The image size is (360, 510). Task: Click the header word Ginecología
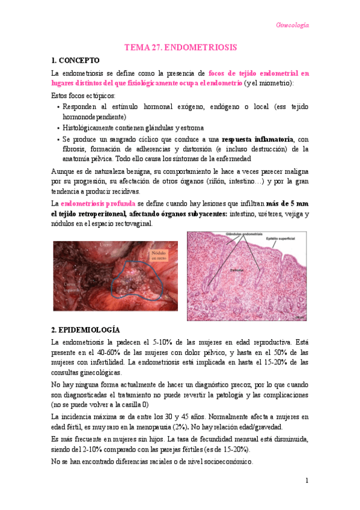292,25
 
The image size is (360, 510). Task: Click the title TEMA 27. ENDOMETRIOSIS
180,47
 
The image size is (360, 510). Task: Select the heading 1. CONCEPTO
76,61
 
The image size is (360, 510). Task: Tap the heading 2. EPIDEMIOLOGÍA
86,330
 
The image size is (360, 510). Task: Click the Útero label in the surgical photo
106,244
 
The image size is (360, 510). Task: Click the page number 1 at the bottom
306,481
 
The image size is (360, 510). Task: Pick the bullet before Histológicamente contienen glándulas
58,129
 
